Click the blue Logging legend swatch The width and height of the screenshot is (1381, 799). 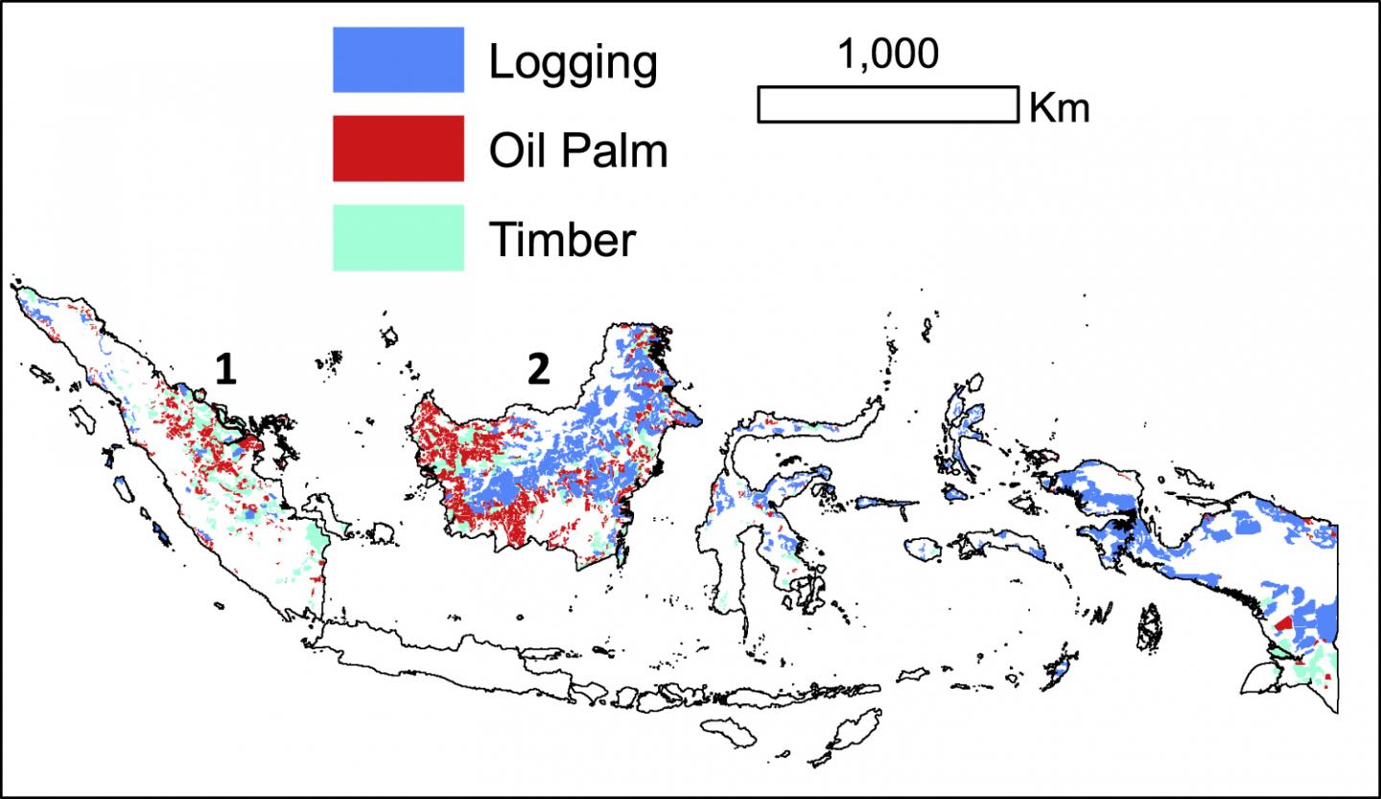click(398, 59)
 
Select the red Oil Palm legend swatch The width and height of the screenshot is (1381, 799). click(398, 148)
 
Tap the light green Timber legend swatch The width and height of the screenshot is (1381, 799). click(398, 237)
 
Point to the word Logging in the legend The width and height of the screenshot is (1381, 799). click(573, 63)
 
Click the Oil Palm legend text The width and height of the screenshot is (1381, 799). click(577, 151)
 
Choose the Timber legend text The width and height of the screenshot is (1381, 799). click(562, 239)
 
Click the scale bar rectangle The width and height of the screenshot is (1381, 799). click(887, 105)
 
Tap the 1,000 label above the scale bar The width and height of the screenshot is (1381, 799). click(888, 56)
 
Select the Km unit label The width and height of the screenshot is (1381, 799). click(1059, 108)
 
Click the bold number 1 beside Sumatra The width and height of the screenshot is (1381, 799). click(225, 370)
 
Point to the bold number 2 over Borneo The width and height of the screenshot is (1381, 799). click(539, 370)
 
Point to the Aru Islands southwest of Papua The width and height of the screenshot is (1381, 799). click(1148, 626)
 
